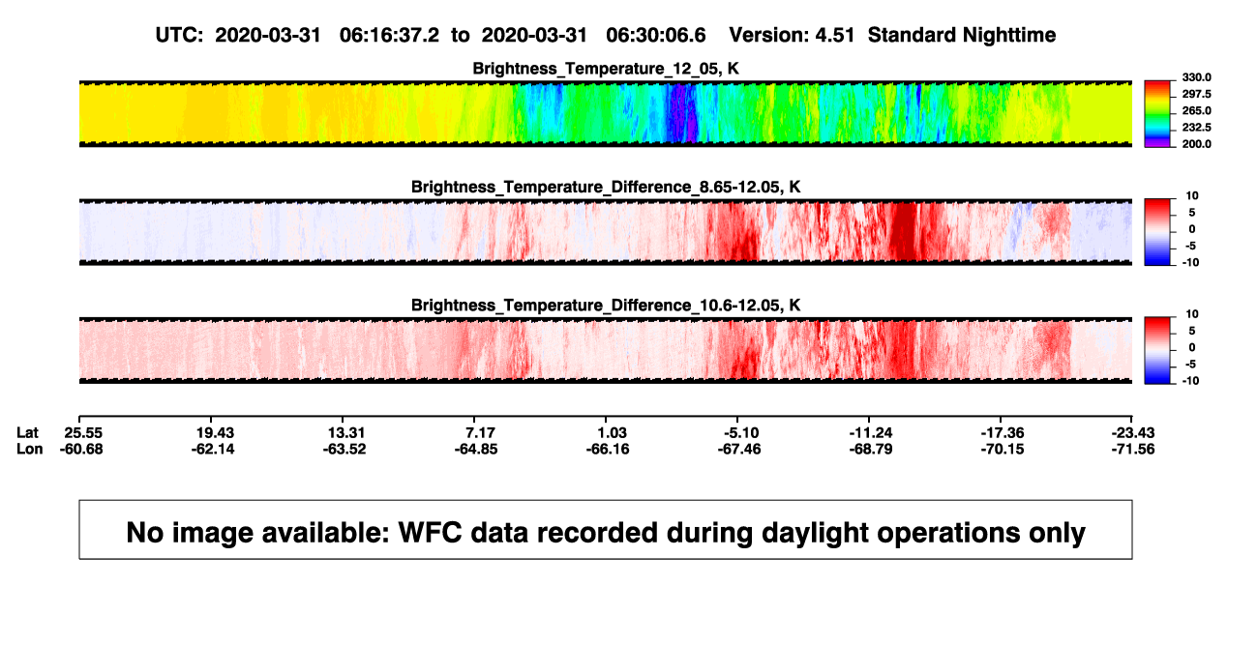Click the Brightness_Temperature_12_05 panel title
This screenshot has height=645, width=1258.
point(606,69)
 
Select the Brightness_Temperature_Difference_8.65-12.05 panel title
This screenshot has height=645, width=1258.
point(606,187)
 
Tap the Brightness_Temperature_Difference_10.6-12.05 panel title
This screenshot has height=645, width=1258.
point(606,306)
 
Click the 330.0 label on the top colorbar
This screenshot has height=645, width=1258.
point(1196,77)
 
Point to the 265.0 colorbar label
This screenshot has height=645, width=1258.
point(1196,110)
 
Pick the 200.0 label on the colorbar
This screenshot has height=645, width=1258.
point(1196,144)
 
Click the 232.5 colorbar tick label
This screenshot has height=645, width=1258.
point(1196,128)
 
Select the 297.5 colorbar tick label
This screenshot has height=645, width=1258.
point(1196,94)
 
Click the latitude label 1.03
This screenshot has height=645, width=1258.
point(612,433)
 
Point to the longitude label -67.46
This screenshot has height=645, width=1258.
point(739,449)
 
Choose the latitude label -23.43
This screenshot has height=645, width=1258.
point(1133,433)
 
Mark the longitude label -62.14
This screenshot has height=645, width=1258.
point(213,449)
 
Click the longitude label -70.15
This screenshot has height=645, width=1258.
point(1003,449)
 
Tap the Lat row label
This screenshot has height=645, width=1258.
point(27,433)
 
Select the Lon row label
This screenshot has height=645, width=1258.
point(30,449)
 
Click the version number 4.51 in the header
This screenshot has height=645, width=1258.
point(834,35)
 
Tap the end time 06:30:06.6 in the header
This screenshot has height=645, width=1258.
point(656,35)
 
